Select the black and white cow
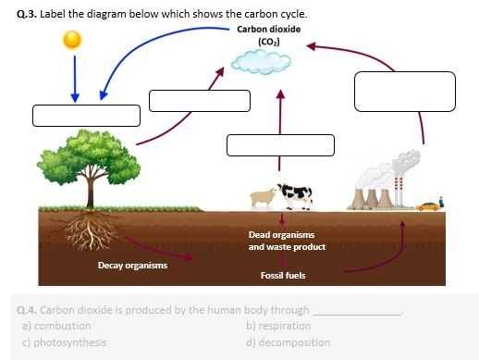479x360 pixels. [296, 193]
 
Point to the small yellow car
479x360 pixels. [427, 205]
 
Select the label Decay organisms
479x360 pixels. [132, 266]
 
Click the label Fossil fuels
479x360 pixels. [282, 275]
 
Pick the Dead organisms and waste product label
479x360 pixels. [287, 241]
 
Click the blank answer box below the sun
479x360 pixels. [86, 116]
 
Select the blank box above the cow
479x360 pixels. [280, 145]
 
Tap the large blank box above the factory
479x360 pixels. [405, 91]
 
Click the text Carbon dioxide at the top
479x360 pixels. [268, 29]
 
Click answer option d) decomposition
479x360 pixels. [288, 342]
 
